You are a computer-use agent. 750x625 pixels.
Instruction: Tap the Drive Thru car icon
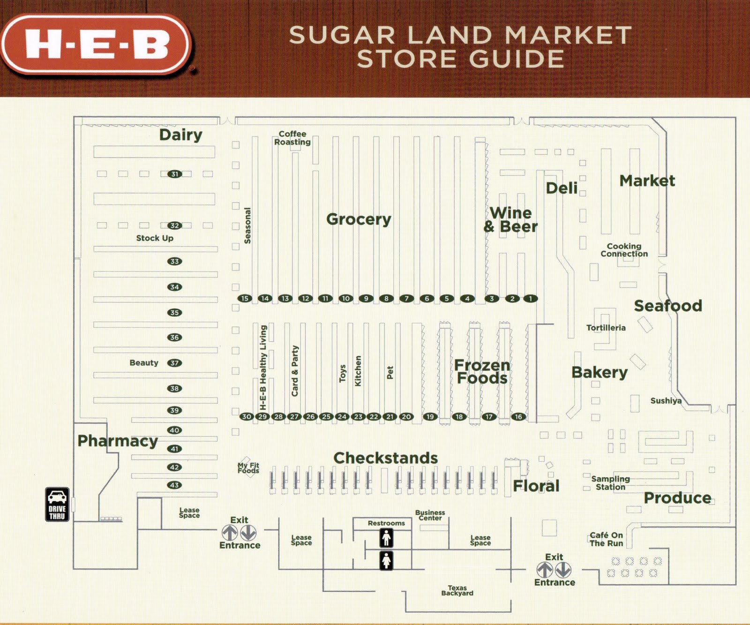(x=57, y=504)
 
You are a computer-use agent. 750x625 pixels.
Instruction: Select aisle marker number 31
(x=175, y=174)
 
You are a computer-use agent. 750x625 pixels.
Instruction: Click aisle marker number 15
(x=244, y=298)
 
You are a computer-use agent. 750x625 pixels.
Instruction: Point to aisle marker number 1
(x=531, y=298)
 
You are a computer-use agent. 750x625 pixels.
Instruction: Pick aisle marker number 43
(x=174, y=485)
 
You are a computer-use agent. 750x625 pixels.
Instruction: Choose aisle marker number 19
(x=430, y=416)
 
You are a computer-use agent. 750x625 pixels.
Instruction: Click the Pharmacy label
(x=118, y=441)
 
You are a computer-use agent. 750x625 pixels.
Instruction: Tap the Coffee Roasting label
(x=292, y=138)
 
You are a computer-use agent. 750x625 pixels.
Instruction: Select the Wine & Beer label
(x=510, y=219)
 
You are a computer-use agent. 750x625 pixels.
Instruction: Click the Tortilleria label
(x=606, y=328)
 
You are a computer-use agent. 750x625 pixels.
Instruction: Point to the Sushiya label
(x=666, y=400)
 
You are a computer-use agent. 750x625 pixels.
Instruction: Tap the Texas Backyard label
(x=457, y=590)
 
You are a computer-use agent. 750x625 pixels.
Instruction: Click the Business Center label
(x=430, y=515)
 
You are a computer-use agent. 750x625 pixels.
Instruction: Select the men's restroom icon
(x=386, y=538)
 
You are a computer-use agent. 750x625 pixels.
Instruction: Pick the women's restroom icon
(x=386, y=560)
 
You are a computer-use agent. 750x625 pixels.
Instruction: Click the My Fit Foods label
(x=248, y=468)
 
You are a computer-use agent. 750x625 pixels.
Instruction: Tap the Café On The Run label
(x=606, y=539)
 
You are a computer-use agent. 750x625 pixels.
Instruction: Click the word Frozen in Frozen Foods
(x=482, y=365)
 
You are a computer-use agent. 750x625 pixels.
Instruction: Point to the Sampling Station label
(x=610, y=483)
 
